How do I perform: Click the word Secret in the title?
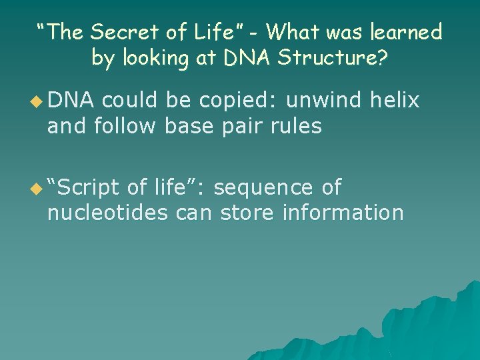[117, 31]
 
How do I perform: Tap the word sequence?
[264, 188]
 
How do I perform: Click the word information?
[343, 213]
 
